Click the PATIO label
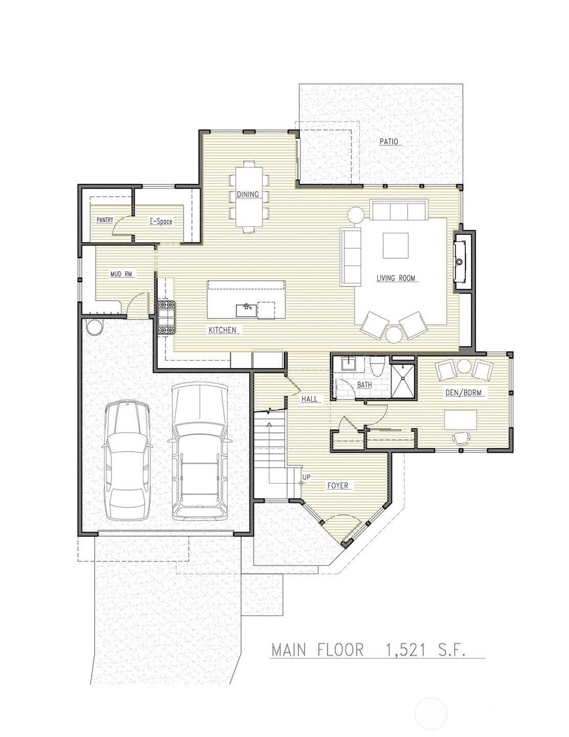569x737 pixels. tap(388, 142)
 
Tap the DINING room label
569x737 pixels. tap(247, 195)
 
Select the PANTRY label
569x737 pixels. tap(105, 220)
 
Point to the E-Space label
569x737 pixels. tap(161, 221)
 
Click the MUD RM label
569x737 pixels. tap(121, 274)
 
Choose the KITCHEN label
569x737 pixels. tap(223, 330)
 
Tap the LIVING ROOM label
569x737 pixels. tap(396, 278)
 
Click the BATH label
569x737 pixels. tap(365, 385)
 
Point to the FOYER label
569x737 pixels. tap(338, 485)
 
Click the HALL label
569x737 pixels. tap(309, 398)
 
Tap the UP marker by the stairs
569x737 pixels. tap(306, 477)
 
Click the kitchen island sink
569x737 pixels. tap(246, 309)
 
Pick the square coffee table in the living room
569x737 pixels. tap(396, 246)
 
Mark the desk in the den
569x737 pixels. tap(461, 419)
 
